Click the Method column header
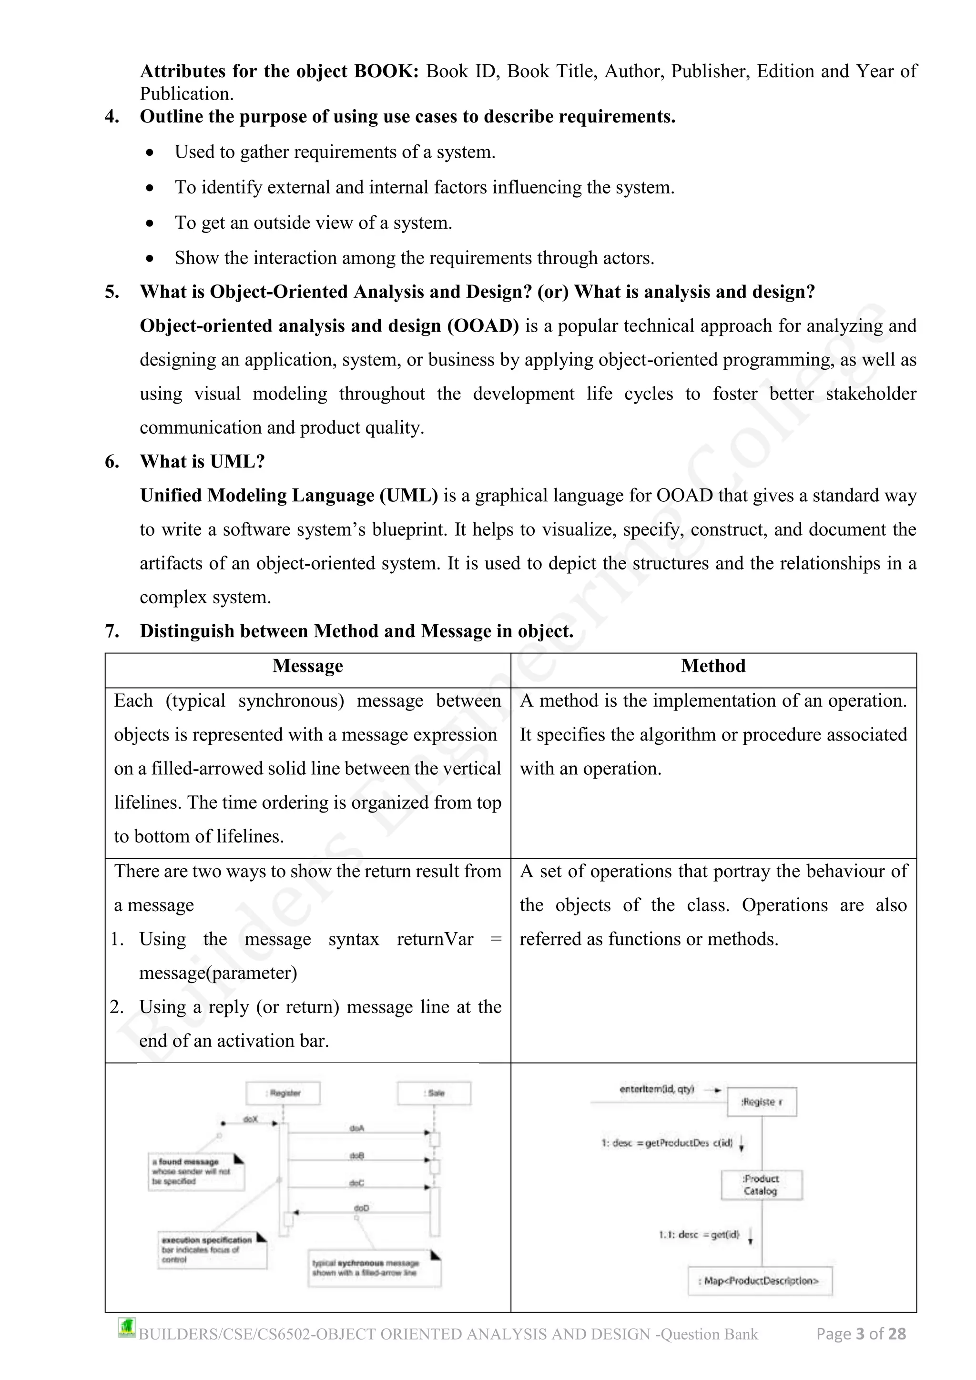713,666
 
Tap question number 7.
112,631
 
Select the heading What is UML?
202,462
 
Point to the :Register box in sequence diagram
283,1093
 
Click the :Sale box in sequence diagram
434,1093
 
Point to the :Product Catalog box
762,1185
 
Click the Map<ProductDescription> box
760,1280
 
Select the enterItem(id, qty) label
656,1089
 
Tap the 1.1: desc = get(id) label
699,1235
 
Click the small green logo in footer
127,1328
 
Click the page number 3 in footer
860,1334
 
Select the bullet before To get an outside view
150,223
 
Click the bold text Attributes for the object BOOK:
279,71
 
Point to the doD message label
361,1208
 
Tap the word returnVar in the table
435,939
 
